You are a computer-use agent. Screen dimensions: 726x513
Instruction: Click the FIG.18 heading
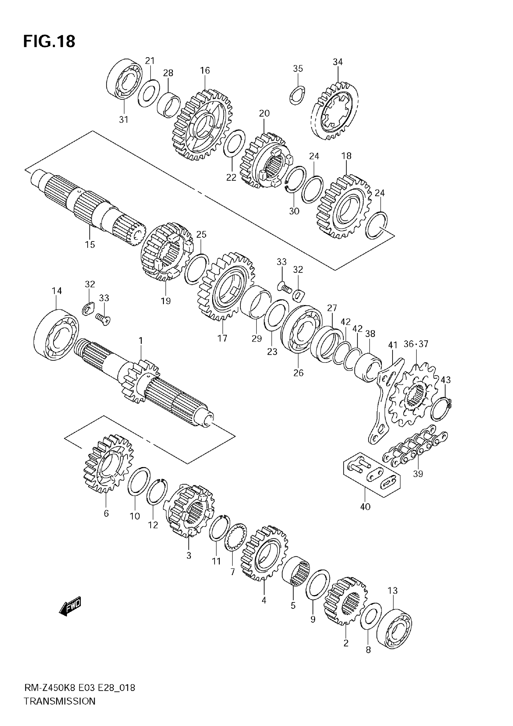(49, 41)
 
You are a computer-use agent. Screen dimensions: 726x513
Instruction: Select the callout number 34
(338, 62)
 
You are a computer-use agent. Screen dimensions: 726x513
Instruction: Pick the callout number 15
(90, 245)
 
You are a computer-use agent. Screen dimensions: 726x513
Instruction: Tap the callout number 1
(141, 341)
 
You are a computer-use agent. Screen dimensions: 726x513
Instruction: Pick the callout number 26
(298, 373)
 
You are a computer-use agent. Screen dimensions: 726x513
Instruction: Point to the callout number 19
(165, 301)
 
